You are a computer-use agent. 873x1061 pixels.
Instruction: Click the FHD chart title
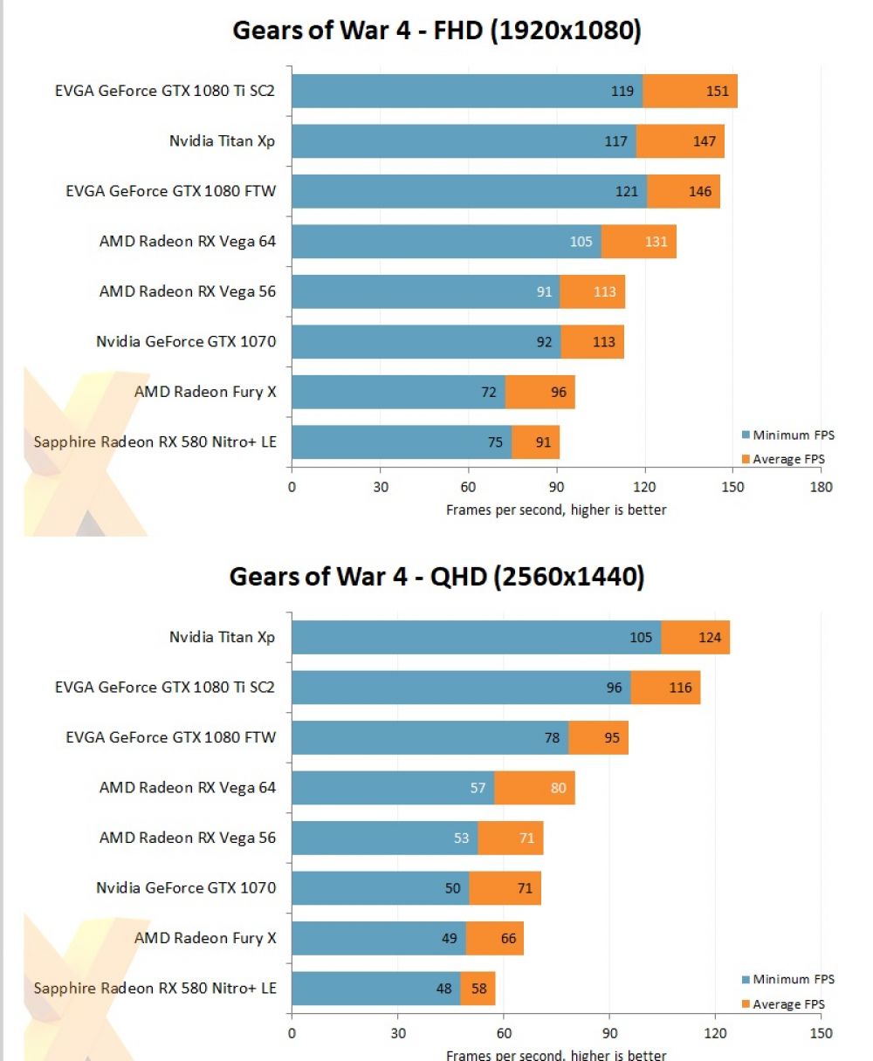click(436, 31)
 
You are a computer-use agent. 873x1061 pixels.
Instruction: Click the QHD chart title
click(436, 576)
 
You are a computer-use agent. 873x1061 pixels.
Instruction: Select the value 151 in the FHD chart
click(717, 92)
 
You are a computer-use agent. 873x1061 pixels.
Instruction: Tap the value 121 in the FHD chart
click(627, 192)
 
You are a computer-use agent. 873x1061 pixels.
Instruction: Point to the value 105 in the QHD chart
click(641, 638)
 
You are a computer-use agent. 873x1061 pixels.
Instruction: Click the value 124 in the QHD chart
click(710, 638)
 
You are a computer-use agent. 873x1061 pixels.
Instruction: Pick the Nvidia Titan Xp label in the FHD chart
click(222, 141)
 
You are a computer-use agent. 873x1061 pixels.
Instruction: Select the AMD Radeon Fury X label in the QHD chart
click(204, 938)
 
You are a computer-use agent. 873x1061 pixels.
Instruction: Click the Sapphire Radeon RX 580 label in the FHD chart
click(155, 442)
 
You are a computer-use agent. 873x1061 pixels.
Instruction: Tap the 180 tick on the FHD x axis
click(821, 487)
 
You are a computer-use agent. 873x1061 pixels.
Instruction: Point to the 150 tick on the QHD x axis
click(821, 1033)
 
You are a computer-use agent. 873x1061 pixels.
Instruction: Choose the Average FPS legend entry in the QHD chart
click(788, 1004)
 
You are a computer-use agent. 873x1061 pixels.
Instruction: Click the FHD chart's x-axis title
click(556, 510)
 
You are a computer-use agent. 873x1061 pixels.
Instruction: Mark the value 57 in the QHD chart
click(478, 788)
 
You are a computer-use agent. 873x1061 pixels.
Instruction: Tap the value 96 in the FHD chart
click(559, 393)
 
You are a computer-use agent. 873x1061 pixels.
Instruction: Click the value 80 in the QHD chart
click(558, 788)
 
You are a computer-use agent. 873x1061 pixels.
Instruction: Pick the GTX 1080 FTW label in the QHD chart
click(170, 737)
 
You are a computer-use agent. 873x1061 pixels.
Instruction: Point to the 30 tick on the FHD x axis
click(380, 487)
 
